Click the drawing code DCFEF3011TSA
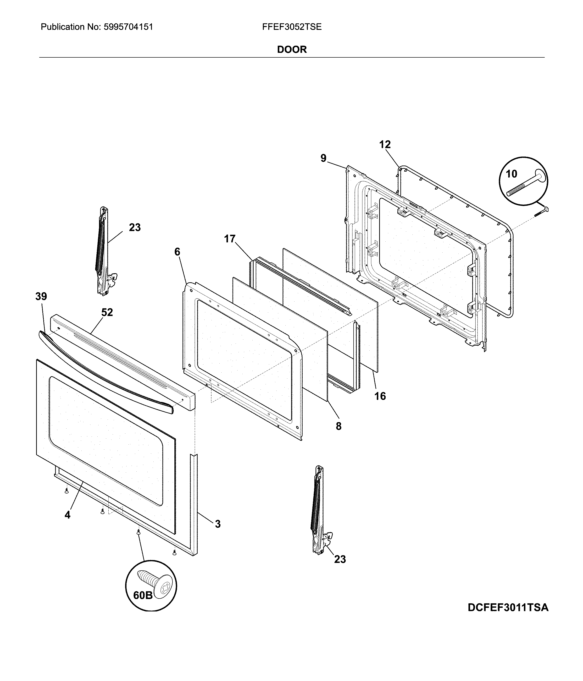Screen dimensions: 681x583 [508, 607]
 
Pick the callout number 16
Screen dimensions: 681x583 [380, 396]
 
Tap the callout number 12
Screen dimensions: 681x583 [385, 144]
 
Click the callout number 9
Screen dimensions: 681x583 [323, 158]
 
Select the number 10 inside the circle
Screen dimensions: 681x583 [511, 174]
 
